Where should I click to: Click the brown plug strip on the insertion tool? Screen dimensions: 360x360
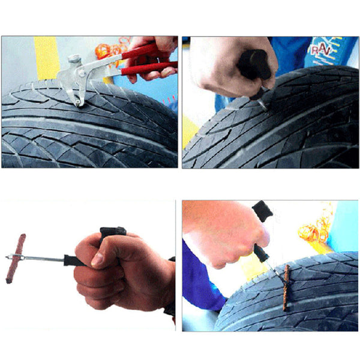(x=18, y=259)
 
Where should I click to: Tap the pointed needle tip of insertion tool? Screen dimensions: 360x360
(x=8, y=259)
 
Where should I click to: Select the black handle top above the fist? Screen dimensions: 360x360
(x=113, y=232)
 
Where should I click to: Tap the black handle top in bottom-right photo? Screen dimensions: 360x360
(x=262, y=209)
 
